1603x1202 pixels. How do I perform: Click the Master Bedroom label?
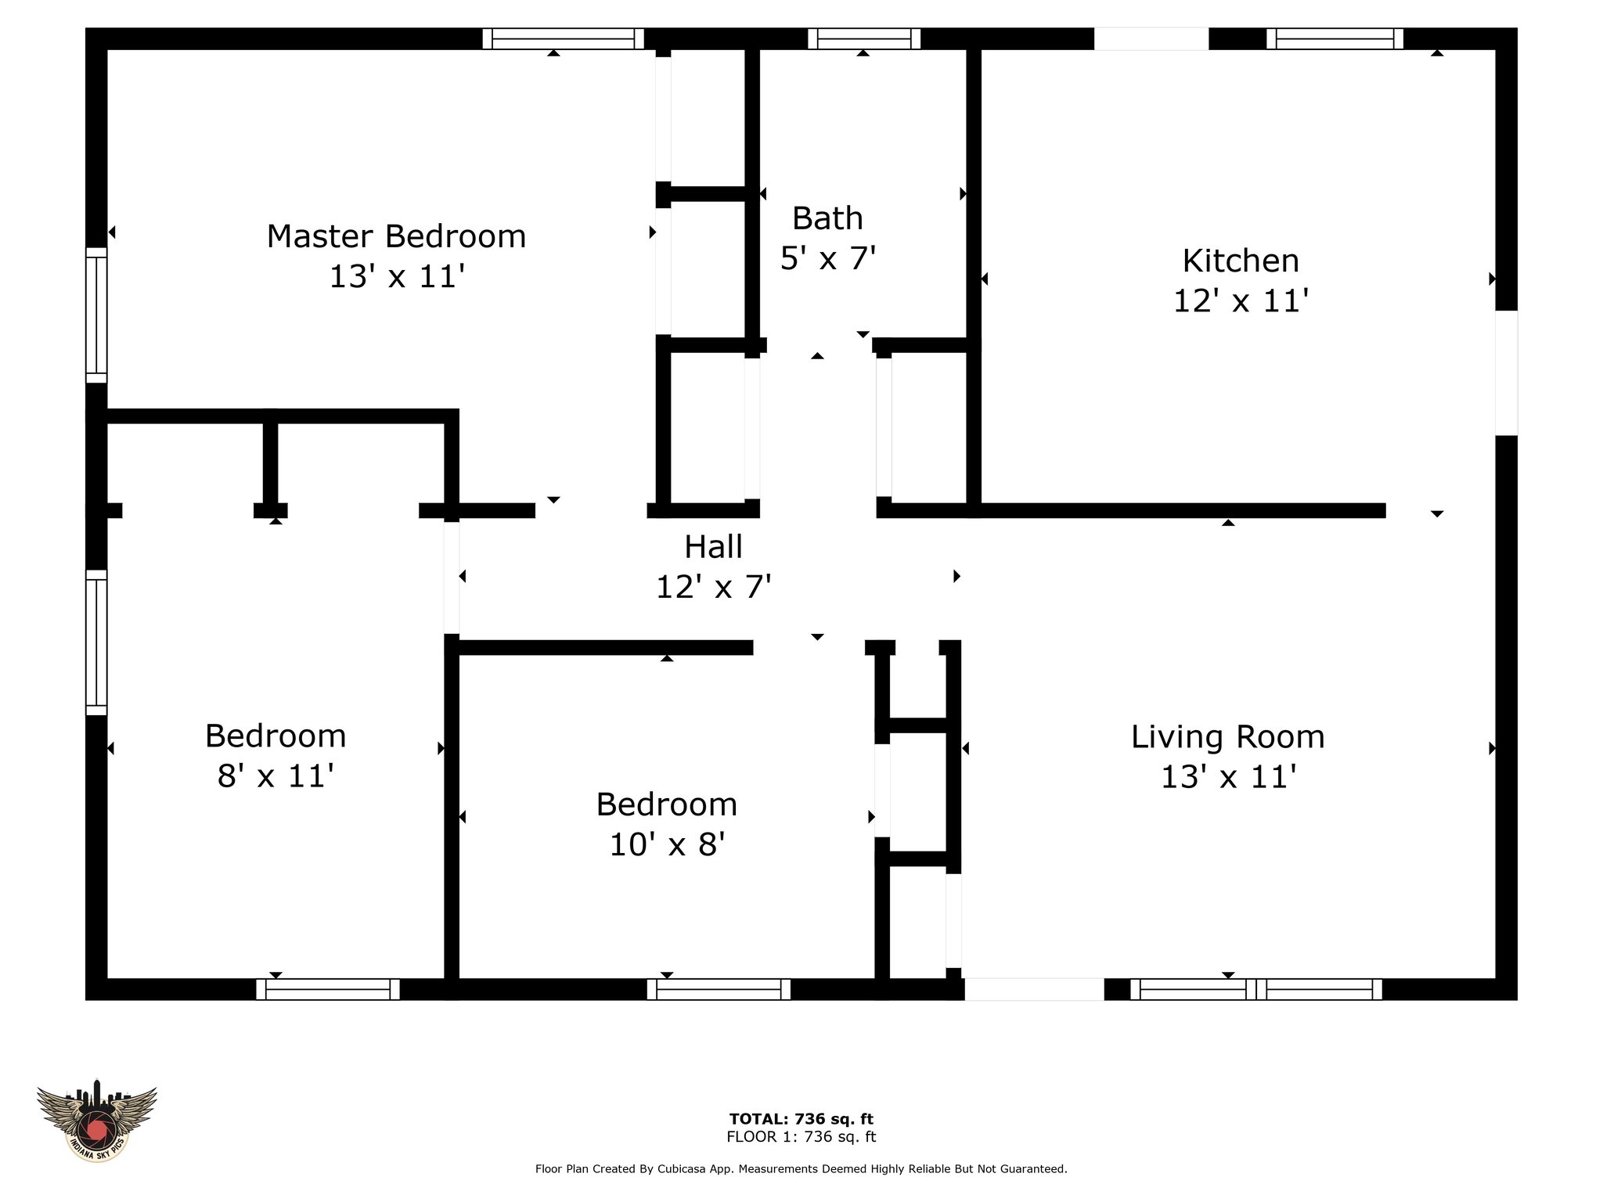coord(396,236)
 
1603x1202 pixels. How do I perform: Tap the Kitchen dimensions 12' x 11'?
coord(1241,300)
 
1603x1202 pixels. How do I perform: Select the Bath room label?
coord(827,218)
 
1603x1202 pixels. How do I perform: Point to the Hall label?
coord(713,547)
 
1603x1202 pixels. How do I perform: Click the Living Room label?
coord(1227,737)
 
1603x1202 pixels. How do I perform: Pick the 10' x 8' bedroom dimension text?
coord(667,845)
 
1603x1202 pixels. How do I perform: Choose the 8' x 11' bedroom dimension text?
coord(276,776)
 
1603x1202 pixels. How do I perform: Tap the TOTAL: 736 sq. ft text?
coord(801,1119)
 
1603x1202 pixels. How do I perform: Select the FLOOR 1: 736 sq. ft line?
coord(801,1137)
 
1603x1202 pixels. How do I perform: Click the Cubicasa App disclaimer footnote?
coord(801,1169)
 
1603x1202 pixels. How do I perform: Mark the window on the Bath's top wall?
coord(864,38)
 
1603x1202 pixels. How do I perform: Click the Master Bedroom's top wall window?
coord(563,38)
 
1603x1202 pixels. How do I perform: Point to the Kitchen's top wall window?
coord(1335,38)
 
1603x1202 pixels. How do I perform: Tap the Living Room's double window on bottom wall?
coord(1256,990)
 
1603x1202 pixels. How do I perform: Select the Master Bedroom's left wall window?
coord(96,315)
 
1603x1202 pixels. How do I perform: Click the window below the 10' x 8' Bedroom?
coord(719,990)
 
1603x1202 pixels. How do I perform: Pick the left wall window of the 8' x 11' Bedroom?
coord(96,642)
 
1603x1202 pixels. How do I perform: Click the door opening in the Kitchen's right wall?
coord(1507,373)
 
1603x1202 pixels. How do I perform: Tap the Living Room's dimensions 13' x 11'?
coord(1228,777)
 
